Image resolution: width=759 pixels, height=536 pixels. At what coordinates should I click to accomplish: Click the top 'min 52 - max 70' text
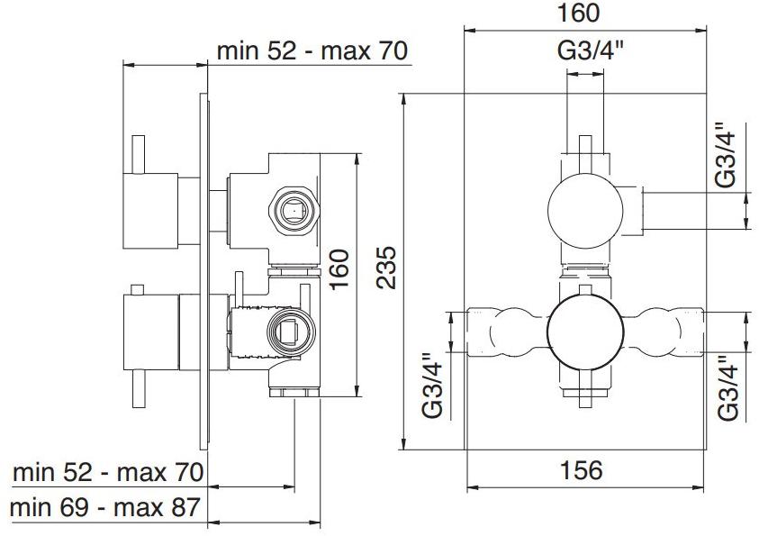click(x=312, y=50)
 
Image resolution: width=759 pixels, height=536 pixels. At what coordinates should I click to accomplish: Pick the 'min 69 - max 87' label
click(x=105, y=507)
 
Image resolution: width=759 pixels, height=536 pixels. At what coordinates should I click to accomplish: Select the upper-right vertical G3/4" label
click(x=726, y=155)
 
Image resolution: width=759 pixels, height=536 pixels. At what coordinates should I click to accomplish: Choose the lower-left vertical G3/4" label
click(x=434, y=386)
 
